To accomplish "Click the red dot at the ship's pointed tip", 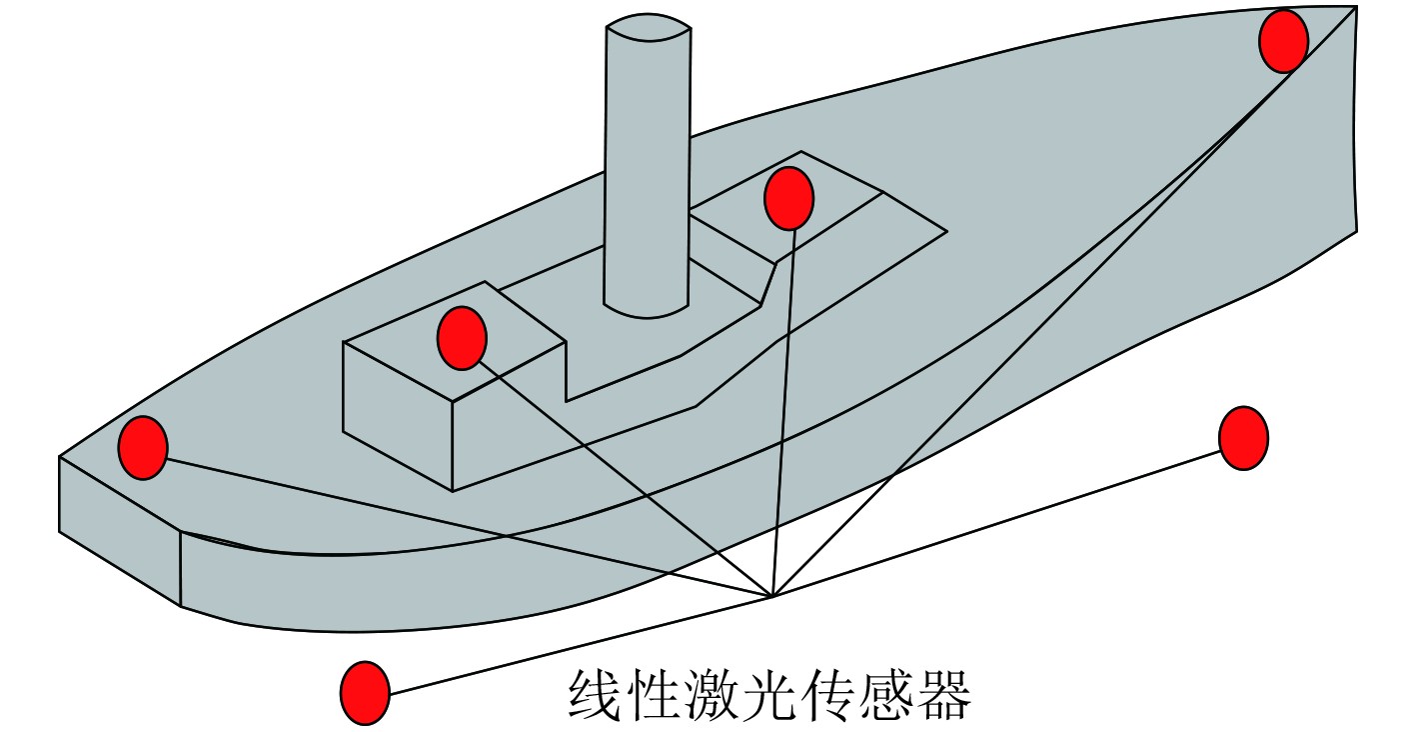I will [1283, 41].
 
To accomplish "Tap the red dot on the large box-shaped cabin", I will [462, 338].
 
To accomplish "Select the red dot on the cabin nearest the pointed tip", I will [788, 198].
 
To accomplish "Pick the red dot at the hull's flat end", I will [142, 447].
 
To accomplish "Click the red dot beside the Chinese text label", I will [365, 692].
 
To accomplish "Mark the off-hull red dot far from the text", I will [1243, 437].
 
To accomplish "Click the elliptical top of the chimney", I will [648, 28].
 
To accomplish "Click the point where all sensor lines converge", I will [772, 597].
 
